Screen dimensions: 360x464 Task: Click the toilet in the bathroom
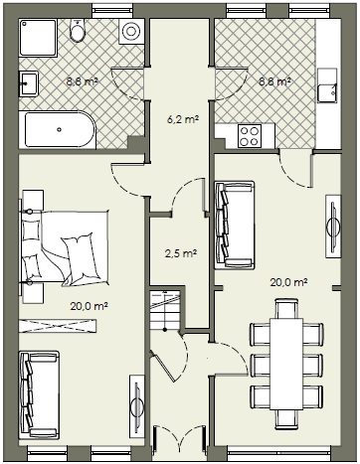(78, 31)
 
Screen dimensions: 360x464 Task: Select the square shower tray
(38, 38)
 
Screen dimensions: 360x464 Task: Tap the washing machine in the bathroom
(131, 31)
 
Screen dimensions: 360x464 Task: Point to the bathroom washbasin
(29, 83)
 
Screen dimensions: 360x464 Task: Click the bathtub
(58, 129)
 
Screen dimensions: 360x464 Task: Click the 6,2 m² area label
(183, 119)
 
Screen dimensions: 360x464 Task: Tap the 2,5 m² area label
(181, 254)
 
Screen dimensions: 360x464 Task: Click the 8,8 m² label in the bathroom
(83, 81)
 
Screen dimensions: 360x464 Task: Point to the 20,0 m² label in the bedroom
(90, 306)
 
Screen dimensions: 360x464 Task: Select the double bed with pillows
(65, 247)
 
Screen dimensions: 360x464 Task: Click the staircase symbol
(165, 311)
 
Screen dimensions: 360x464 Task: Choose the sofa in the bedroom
(40, 395)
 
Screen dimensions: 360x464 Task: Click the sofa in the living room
(235, 225)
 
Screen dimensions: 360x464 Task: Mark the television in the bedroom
(136, 404)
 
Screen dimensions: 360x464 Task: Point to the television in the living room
(333, 227)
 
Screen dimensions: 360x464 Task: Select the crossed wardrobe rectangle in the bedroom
(58, 326)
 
